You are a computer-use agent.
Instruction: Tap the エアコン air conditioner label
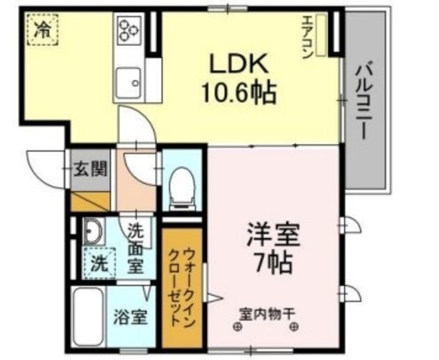tap(307, 38)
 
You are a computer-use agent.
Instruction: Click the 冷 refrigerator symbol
tap(43, 30)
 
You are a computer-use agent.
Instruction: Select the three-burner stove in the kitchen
tap(129, 29)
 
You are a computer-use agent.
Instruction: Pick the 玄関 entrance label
tap(91, 168)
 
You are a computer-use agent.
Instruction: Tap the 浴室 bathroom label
tap(130, 317)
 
